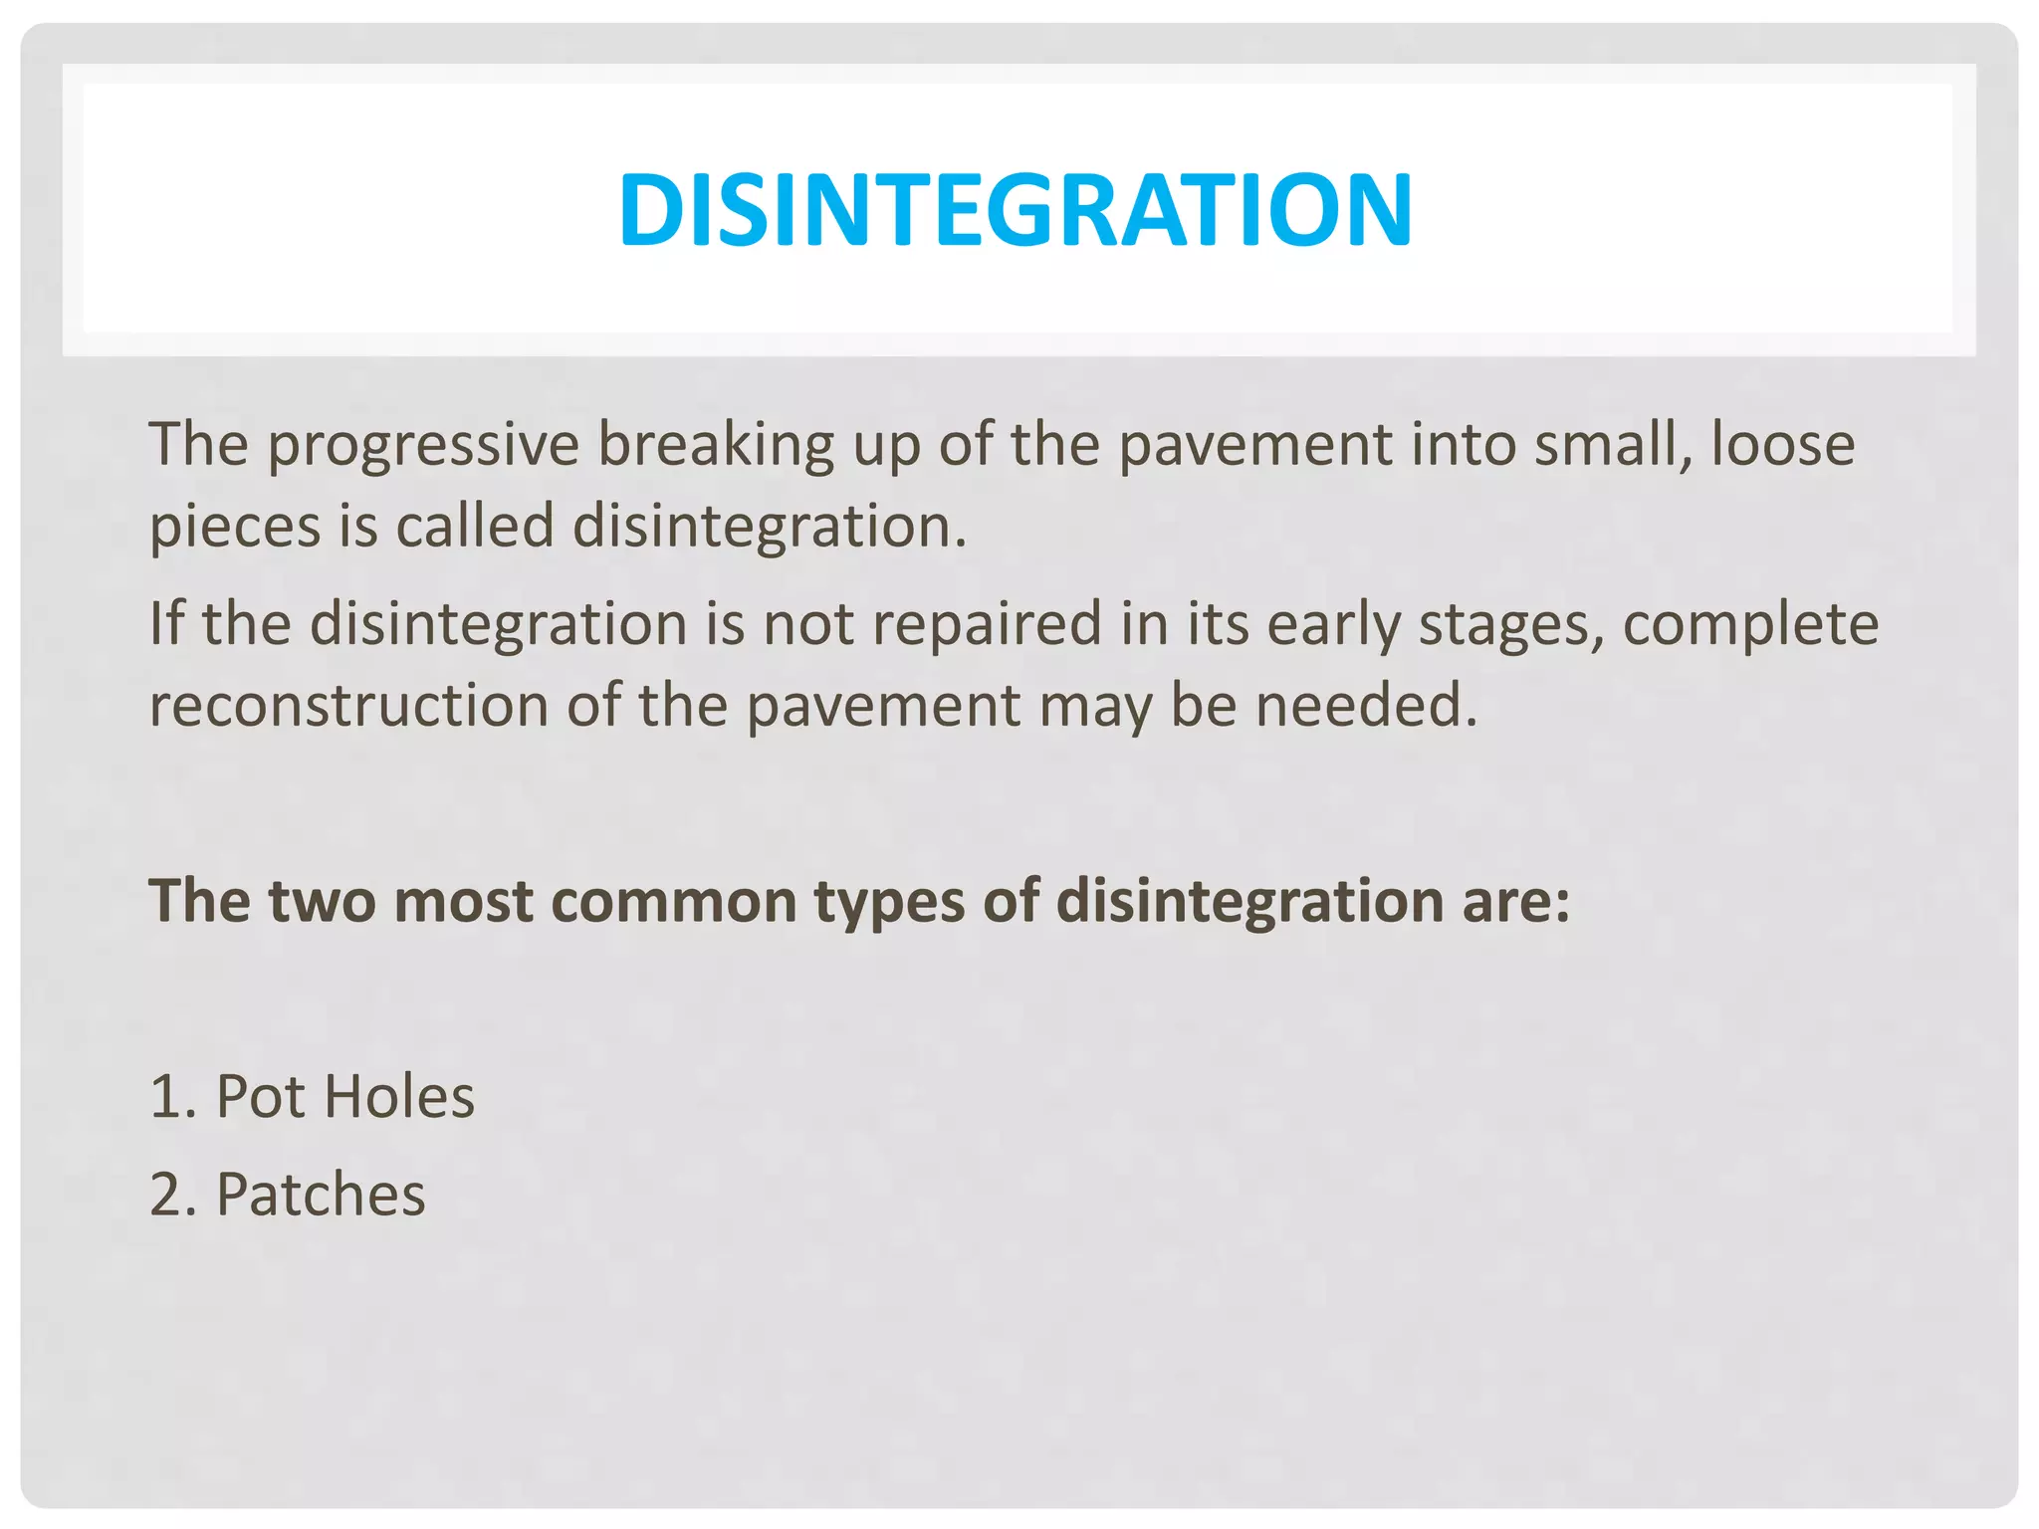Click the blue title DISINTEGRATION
tap(1015, 210)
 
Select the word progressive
tap(423, 445)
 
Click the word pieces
tap(235, 528)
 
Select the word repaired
tap(976, 624)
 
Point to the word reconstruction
tap(348, 706)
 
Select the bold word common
tap(673, 901)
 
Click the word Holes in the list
tap(399, 1097)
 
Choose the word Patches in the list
tap(321, 1194)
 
